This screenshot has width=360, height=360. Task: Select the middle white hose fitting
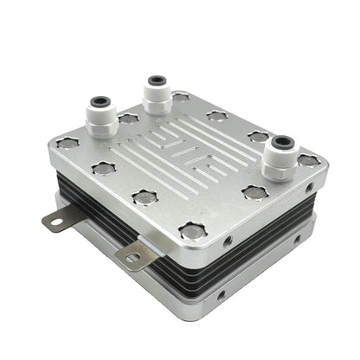coord(157,94)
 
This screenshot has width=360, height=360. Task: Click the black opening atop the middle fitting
coord(157,80)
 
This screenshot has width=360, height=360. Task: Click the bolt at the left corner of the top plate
coord(68,143)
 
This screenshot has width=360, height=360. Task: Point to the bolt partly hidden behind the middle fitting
coord(180,96)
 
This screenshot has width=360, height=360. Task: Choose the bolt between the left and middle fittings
coord(129,118)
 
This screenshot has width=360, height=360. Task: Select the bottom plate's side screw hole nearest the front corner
coord(222,295)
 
